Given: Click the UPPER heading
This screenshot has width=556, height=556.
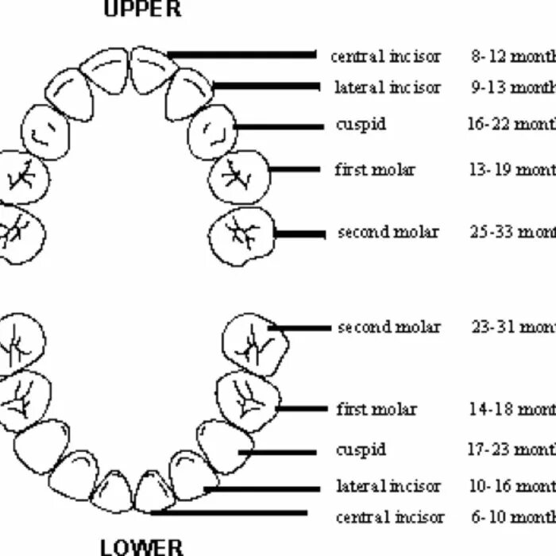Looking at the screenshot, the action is (143, 9).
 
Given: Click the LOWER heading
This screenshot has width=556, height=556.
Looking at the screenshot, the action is (142, 546).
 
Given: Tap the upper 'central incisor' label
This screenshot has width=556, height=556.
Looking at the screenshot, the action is (385, 56).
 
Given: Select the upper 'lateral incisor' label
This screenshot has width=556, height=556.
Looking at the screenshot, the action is (387, 87).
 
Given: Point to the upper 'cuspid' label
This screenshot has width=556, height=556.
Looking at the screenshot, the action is (361, 125).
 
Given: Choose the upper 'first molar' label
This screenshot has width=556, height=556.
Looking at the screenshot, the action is (375, 169).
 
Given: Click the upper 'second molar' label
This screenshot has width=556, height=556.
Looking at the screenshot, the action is (388, 232).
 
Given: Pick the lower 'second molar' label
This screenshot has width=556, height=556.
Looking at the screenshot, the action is (388, 326).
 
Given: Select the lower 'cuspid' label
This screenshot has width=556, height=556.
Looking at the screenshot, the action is (361, 450).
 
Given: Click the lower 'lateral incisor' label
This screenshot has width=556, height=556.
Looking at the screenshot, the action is (388, 485).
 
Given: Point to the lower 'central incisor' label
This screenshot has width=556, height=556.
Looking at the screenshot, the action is (390, 517).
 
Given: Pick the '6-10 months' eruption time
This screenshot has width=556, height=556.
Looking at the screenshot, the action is (513, 517).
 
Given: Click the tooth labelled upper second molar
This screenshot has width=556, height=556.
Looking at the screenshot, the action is (241, 234).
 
